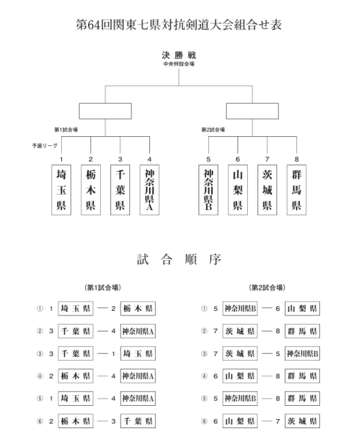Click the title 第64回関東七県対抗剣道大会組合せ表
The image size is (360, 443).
(179, 25)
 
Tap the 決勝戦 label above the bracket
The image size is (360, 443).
(179, 55)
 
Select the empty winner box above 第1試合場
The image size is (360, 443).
(105, 111)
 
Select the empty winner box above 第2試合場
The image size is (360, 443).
(252, 111)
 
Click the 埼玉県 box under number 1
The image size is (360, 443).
(61, 190)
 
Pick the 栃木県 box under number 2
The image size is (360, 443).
(91, 190)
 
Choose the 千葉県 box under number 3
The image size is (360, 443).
(120, 190)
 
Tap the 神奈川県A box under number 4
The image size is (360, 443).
(149, 190)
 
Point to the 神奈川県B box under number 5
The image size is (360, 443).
(208, 190)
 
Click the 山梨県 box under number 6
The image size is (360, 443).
(238, 190)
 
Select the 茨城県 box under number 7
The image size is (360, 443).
(267, 190)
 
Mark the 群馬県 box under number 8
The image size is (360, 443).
(296, 190)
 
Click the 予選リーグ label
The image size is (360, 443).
(44, 146)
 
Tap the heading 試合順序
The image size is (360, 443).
(179, 259)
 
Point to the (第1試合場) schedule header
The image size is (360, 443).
(103, 288)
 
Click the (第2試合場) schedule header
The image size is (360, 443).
(267, 288)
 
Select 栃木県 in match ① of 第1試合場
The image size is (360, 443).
(138, 308)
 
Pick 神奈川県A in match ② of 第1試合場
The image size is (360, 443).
(138, 331)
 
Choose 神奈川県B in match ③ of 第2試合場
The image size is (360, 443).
(302, 354)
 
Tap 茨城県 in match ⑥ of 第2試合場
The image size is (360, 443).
(302, 421)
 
